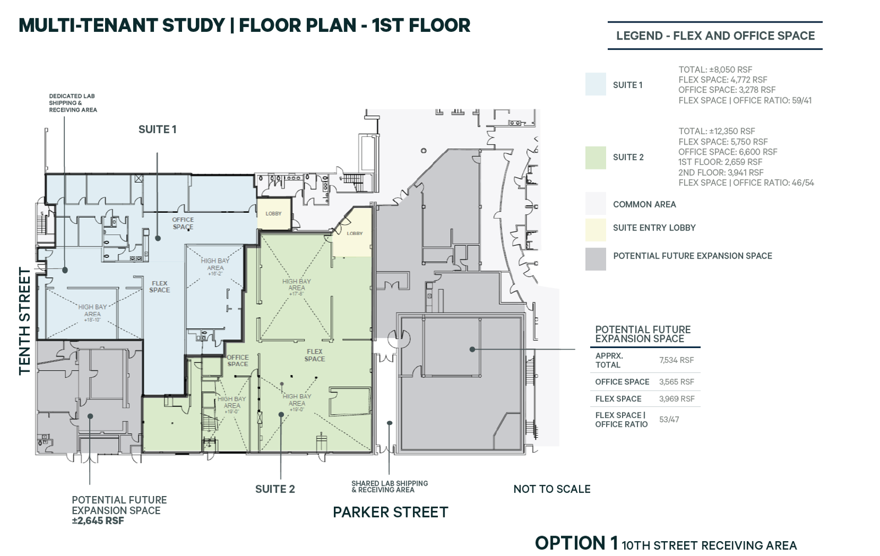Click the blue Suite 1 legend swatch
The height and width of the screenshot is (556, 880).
pos(595,84)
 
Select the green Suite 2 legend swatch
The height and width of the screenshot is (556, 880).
pos(595,157)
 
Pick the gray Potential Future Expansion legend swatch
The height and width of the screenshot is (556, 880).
pos(595,259)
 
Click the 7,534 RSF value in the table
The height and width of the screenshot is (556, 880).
pos(676,360)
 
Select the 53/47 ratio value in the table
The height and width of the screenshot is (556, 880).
pos(669,420)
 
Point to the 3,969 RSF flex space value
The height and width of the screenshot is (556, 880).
pos(676,399)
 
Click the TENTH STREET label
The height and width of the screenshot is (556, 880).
pos(25,321)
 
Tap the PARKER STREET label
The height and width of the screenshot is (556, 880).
pos(390,513)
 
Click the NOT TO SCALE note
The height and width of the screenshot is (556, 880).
pos(552,489)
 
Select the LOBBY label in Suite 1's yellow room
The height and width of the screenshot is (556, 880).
pos(273,213)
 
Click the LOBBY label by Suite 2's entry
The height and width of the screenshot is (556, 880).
pos(355,233)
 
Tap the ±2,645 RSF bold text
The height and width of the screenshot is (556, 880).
pos(98,521)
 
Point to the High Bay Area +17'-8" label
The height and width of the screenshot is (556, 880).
pos(296,287)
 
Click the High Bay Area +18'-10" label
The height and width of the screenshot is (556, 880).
pos(92,313)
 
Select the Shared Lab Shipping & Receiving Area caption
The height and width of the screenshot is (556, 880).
pos(389,486)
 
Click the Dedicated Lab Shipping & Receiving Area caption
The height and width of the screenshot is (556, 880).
pos(73,103)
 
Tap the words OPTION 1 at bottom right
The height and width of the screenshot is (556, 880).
pos(576,543)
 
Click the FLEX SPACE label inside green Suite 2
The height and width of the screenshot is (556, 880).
pos(315,355)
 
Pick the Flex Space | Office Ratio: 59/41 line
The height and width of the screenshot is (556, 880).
pos(744,100)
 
